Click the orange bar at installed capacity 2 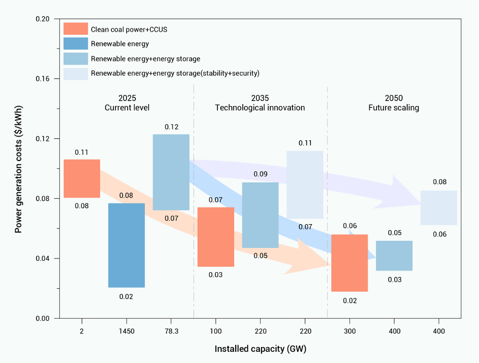(x=82, y=178)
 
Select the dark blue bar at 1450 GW (x=126, y=245)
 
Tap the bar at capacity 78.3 (x=171, y=172)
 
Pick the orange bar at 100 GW (x=216, y=237)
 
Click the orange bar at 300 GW (x=350, y=263)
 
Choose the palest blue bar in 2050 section (x=439, y=208)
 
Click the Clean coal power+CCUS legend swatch (x=76, y=29)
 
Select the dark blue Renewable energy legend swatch (x=76, y=44)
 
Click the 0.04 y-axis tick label (x=43, y=258)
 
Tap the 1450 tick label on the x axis (x=126, y=331)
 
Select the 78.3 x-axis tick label (x=171, y=331)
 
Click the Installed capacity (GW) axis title (x=260, y=349)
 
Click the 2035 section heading (x=260, y=98)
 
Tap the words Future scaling (x=394, y=108)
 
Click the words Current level (x=127, y=108)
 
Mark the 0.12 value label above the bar (x=171, y=127)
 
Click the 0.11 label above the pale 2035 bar (x=305, y=143)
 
